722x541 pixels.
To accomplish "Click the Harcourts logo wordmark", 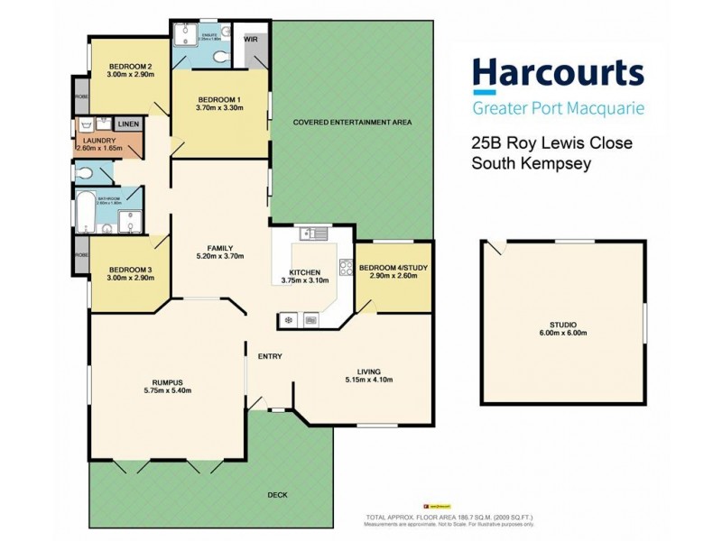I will (559, 75).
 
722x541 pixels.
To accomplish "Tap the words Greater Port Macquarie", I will (559, 109).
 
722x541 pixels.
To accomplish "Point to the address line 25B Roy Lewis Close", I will (552, 143).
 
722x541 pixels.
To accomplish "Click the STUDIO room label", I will (563, 324).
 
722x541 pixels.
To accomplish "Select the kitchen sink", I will (313, 234).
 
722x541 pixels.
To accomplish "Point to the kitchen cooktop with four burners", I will (345, 267).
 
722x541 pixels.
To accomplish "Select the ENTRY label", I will (270, 356).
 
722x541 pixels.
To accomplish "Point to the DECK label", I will (278, 495).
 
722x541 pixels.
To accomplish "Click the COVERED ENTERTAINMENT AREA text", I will (352, 122).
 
